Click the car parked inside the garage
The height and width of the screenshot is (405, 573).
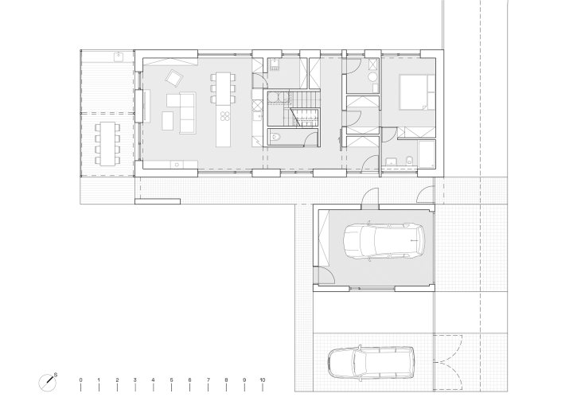click(384, 240)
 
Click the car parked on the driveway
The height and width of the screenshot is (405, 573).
click(371, 362)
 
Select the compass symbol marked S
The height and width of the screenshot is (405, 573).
click(48, 383)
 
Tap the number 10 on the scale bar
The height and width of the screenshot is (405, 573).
click(262, 380)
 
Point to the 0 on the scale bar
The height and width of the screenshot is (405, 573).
click(80, 380)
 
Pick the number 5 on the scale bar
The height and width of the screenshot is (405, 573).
click(171, 380)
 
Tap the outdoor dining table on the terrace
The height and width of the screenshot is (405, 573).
click(107, 144)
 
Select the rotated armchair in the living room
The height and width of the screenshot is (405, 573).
click(174, 77)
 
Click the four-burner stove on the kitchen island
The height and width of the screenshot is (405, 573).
click(224, 116)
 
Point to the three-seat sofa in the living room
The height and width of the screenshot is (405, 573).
click(188, 112)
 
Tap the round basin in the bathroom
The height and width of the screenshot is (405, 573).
click(372, 76)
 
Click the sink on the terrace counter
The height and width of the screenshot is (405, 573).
click(119, 56)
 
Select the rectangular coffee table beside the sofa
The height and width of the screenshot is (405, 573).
click(168, 121)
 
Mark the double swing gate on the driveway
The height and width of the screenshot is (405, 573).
click(448, 362)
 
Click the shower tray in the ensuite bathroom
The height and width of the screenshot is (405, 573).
click(427, 154)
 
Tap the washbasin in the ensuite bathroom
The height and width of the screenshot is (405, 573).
click(392, 162)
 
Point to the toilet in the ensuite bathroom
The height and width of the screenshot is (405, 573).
click(410, 160)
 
